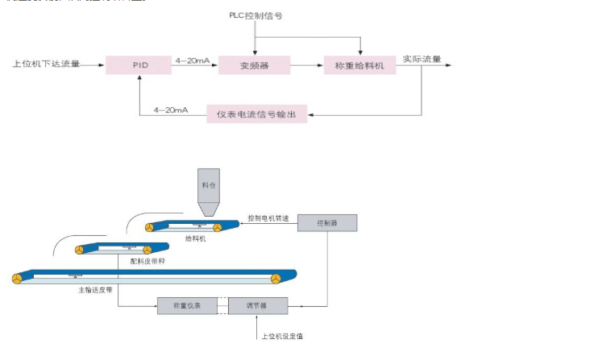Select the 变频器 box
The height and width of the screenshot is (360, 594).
(x=254, y=64)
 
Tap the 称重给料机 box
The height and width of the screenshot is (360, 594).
(x=359, y=64)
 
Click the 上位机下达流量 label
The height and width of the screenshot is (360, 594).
(x=46, y=63)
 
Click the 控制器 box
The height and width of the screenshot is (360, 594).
(x=327, y=223)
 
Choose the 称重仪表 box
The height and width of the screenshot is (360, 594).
(x=186, y=306)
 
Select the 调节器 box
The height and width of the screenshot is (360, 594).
(x=258, y=306)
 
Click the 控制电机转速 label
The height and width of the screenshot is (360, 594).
(x=268, y=218)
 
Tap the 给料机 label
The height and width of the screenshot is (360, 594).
(x=196, y=238)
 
